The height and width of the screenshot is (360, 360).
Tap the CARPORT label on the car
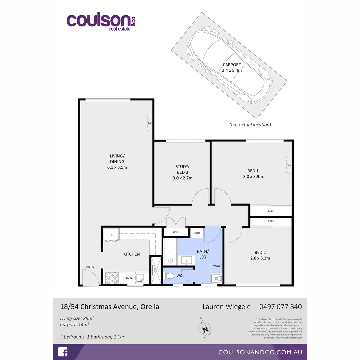click(232, 65)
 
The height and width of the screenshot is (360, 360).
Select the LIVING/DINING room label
click(117, 159)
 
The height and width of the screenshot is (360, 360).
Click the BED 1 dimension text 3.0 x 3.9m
click(253, 177)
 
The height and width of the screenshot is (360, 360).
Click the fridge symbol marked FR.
click(111, 235)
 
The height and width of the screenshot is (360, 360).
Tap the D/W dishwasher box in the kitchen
click(129, 277)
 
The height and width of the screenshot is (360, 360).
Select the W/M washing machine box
click(217, 266)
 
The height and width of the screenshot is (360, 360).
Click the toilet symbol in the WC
click(170, 276)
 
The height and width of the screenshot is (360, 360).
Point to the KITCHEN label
click(131, 254)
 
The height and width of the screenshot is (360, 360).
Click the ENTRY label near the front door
click(89, 267)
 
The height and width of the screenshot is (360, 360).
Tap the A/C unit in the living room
click(150, 123)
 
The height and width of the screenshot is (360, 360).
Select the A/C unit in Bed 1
click(289, 165)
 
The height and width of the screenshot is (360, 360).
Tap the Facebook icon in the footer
click(63, 352)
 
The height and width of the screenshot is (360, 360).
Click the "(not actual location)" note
click(250, 125)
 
